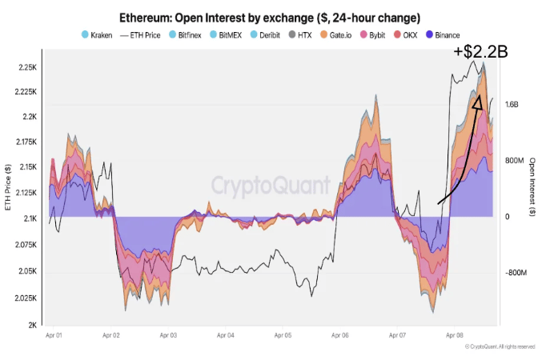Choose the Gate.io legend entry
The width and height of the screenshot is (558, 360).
[335, 34]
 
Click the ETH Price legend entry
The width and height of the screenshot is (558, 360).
[143, 34]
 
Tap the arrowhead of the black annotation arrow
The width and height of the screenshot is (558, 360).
[477, 103]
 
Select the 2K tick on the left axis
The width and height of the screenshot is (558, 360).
[31, 325]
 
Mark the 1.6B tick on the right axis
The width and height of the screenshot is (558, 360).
[510, 105]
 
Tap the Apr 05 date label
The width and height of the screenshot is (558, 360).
[284, 336]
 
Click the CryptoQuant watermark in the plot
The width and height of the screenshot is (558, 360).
[271, 186]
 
